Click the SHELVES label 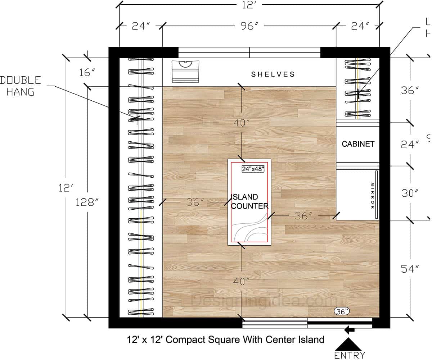pos(273,74)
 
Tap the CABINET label pos(358,144)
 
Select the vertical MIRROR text pos(373,196)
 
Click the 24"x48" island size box pos(253,169)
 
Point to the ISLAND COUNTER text pos(249,201)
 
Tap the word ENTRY pos(350,355)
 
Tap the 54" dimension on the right pos(410,269)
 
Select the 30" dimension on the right pos(410,193)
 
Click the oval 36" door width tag pos(342,311)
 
